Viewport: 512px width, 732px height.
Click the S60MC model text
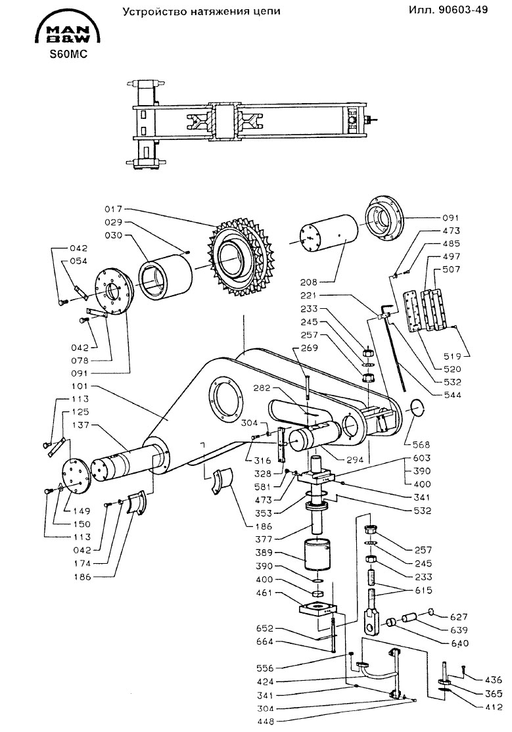click(68, 55)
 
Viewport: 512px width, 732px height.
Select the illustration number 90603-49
click(463, 9)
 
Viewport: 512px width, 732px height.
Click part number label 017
click(113, 209)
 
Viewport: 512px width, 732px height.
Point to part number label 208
click(309, 282)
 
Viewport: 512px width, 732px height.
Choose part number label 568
click(421, 444)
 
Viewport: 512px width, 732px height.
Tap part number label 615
click(423, 590)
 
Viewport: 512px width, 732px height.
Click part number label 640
click(459, 643)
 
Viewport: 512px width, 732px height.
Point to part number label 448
click(266, 721)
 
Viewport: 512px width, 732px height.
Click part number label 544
click(452, 395)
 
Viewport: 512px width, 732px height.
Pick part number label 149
click(81, 511)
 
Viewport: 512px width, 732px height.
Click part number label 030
click(113, 235)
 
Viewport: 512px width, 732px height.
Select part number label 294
click(354, 460)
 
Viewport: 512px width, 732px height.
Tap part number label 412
click(494, 707)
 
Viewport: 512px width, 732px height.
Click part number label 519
click(452, 356)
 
